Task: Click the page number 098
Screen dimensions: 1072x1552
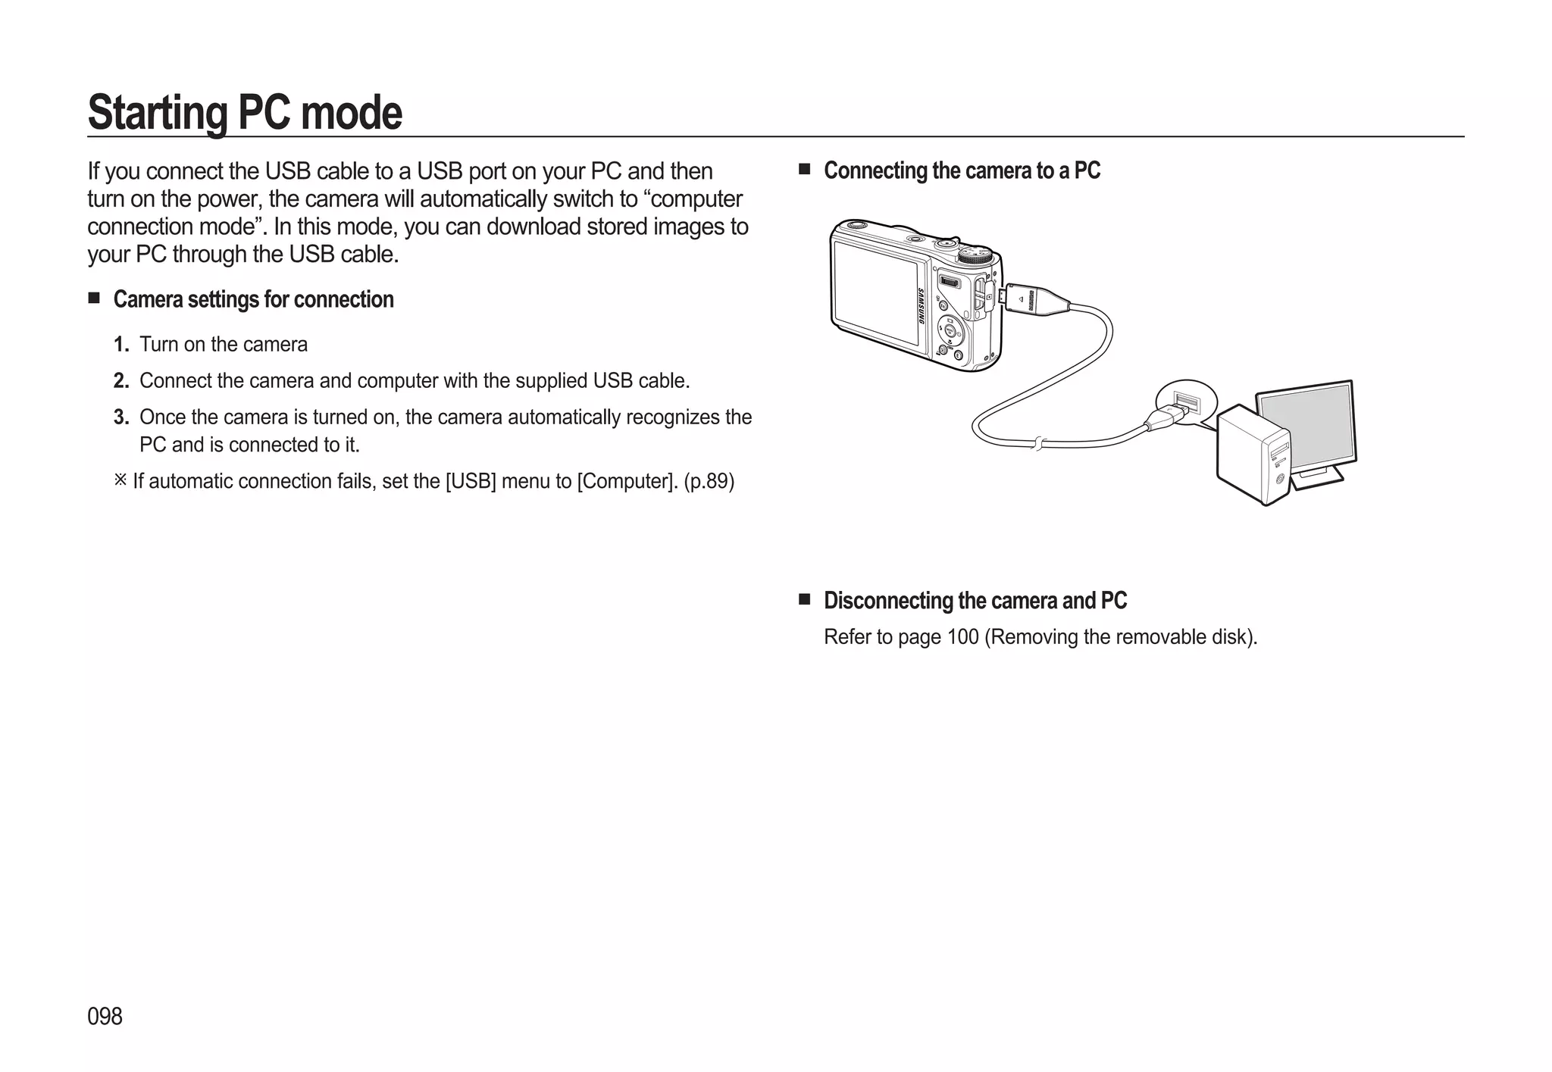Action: tap(105, 1016)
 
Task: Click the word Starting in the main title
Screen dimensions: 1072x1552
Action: tap(157, 113)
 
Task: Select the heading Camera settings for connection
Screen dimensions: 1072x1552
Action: tap(253, 299)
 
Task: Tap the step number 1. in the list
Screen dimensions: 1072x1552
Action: tap(121, 345)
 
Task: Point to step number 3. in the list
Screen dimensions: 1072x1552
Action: tap(121, 417)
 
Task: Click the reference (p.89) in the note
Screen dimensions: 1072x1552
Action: tap(709, 481)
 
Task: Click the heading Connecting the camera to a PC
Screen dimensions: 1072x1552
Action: tap(961, 170)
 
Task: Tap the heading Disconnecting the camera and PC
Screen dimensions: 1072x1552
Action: tap(975, 601)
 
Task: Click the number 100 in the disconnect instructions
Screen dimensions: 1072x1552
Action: tap(962, 637)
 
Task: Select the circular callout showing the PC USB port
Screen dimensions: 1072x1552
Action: tap(1186, 402)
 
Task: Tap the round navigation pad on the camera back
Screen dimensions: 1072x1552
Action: tap(950, 330)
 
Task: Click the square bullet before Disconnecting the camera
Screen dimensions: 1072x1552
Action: tap(805, 600)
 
